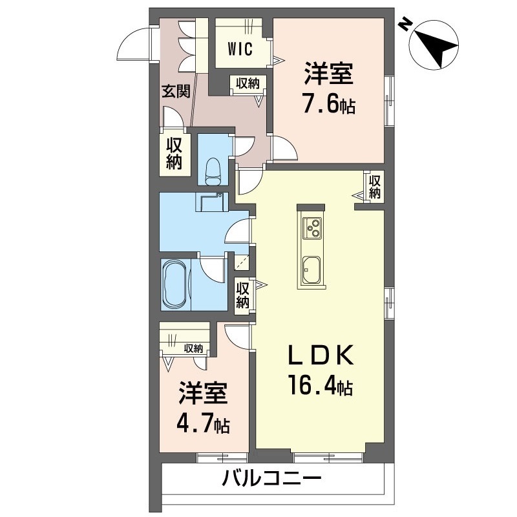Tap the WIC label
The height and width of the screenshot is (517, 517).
(x=239, y=49)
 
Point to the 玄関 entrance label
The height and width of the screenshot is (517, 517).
(x=175, y=92)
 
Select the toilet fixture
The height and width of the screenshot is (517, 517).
(x=213, y=170)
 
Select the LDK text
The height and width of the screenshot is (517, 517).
(x=319, y=356)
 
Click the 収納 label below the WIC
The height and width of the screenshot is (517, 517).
(x=247, y=83)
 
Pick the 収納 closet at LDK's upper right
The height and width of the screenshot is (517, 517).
(x=375, y=187)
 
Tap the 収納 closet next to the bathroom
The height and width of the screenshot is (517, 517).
(x=243, y=295)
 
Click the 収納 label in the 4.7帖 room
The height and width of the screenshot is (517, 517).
(x=193, y=348)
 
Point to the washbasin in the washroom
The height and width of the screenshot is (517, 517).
(x=211, y=201)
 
